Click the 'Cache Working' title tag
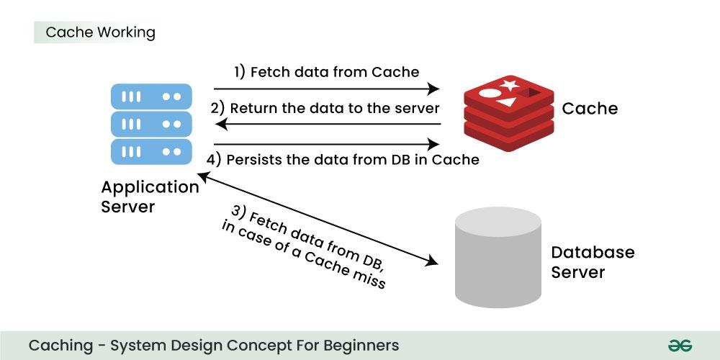(x=100, y=32)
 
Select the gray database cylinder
(x=498, y=257)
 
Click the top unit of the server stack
(x=151, y=96)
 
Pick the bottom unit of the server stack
(x=151, y=152)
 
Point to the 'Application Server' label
(x=150, y=197)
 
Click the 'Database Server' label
(x=593, y=262)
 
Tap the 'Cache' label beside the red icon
(x=590, y=109)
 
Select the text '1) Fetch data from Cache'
(x=326, y=72)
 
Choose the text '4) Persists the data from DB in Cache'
(x=343, y=160)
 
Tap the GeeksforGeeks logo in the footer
(x=679, y=346)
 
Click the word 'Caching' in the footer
(x=61, y=346)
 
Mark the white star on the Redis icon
(x=510, y=86)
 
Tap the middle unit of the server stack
(x=151, y=124)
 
